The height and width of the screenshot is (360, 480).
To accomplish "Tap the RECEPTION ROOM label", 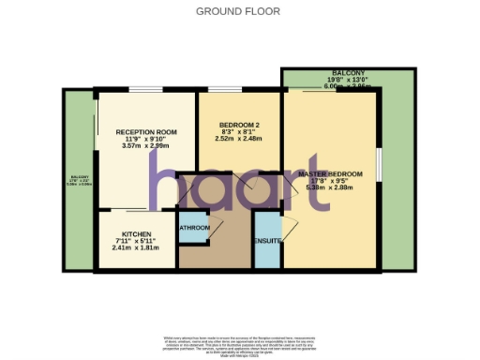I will tap(146, 133).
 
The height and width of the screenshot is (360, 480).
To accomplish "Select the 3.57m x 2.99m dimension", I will tap(146, 147).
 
